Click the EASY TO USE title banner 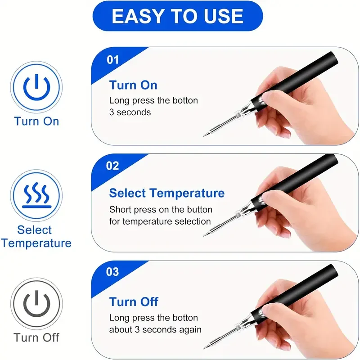click(177, 16)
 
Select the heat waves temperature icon click(36, 195)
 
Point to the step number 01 click(113, 60)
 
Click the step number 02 click(112, 166)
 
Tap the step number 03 click(112, 272)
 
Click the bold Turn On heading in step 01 click(133, 85)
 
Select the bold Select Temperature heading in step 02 click(167, 193)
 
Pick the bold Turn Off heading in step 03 click(134, 301)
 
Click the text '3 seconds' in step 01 click(130, 112)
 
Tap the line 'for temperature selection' click(160, 221)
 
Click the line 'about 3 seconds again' click(155, 330)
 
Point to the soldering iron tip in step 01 click(204, 136)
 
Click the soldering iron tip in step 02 click(204, 235)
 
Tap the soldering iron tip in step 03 click(204, 348)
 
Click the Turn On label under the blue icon click(36, 121)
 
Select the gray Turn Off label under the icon click(36, 337)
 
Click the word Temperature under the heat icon click(36, 243)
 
